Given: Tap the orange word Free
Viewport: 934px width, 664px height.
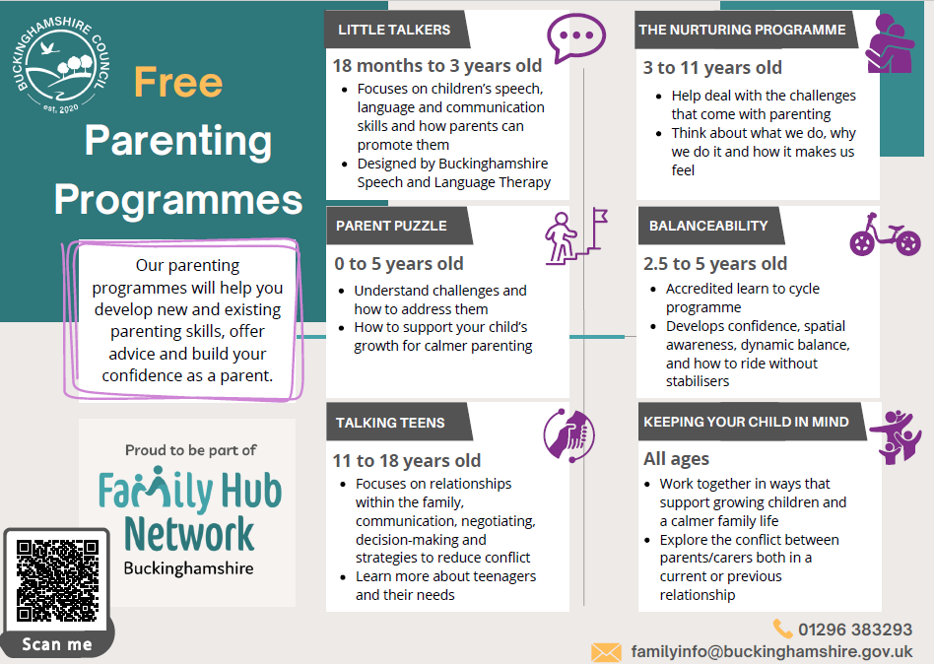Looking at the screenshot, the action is point(178,84).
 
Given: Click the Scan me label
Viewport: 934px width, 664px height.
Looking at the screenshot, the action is point(58,644).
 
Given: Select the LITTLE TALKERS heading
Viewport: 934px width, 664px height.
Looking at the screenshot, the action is point(393,30).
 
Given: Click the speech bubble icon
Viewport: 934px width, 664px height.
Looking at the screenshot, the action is point(575,39).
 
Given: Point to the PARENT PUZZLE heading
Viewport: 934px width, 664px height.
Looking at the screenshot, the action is point(391,226).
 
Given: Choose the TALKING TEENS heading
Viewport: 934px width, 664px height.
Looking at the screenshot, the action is point(390,423).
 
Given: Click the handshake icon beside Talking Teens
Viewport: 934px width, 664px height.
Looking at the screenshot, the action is point(569,434).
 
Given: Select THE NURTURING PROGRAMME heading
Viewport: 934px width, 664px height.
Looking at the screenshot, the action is point(742,30).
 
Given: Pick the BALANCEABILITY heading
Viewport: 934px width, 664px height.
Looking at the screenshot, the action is point(707,226).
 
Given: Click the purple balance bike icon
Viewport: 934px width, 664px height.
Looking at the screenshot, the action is point(885,235).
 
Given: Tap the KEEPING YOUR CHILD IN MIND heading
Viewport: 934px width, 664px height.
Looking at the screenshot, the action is point(749,423).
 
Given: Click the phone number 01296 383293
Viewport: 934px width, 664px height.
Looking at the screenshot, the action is point(855,630).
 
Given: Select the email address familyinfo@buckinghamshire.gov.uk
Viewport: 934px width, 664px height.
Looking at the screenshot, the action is point(771,651).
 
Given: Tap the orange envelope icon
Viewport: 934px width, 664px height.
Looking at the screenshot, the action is point(606,651).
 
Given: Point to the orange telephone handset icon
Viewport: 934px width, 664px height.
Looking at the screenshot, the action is point(783,629).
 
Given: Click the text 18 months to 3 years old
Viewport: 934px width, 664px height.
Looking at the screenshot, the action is point(436,66).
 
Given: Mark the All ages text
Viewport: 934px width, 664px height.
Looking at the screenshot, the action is point(676,458).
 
